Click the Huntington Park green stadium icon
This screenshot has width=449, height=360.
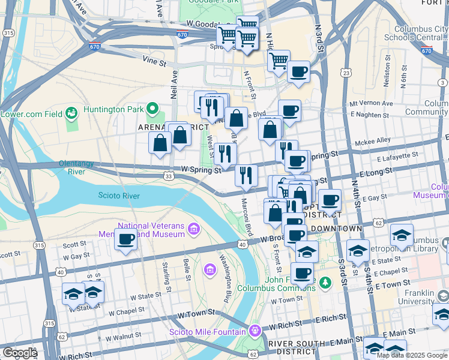click(152, 109)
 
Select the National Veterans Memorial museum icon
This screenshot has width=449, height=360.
click(194, 229)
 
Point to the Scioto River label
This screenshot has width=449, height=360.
click(119, 196)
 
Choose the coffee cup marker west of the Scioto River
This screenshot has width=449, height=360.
click(125, 239)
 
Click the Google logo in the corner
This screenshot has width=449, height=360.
click(20, 353)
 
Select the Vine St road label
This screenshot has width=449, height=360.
click(154, 59)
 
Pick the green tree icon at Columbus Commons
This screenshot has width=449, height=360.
click(325, 281)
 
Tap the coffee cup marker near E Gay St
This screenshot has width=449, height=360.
click(329, 200)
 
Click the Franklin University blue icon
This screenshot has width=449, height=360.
click(443, 295)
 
